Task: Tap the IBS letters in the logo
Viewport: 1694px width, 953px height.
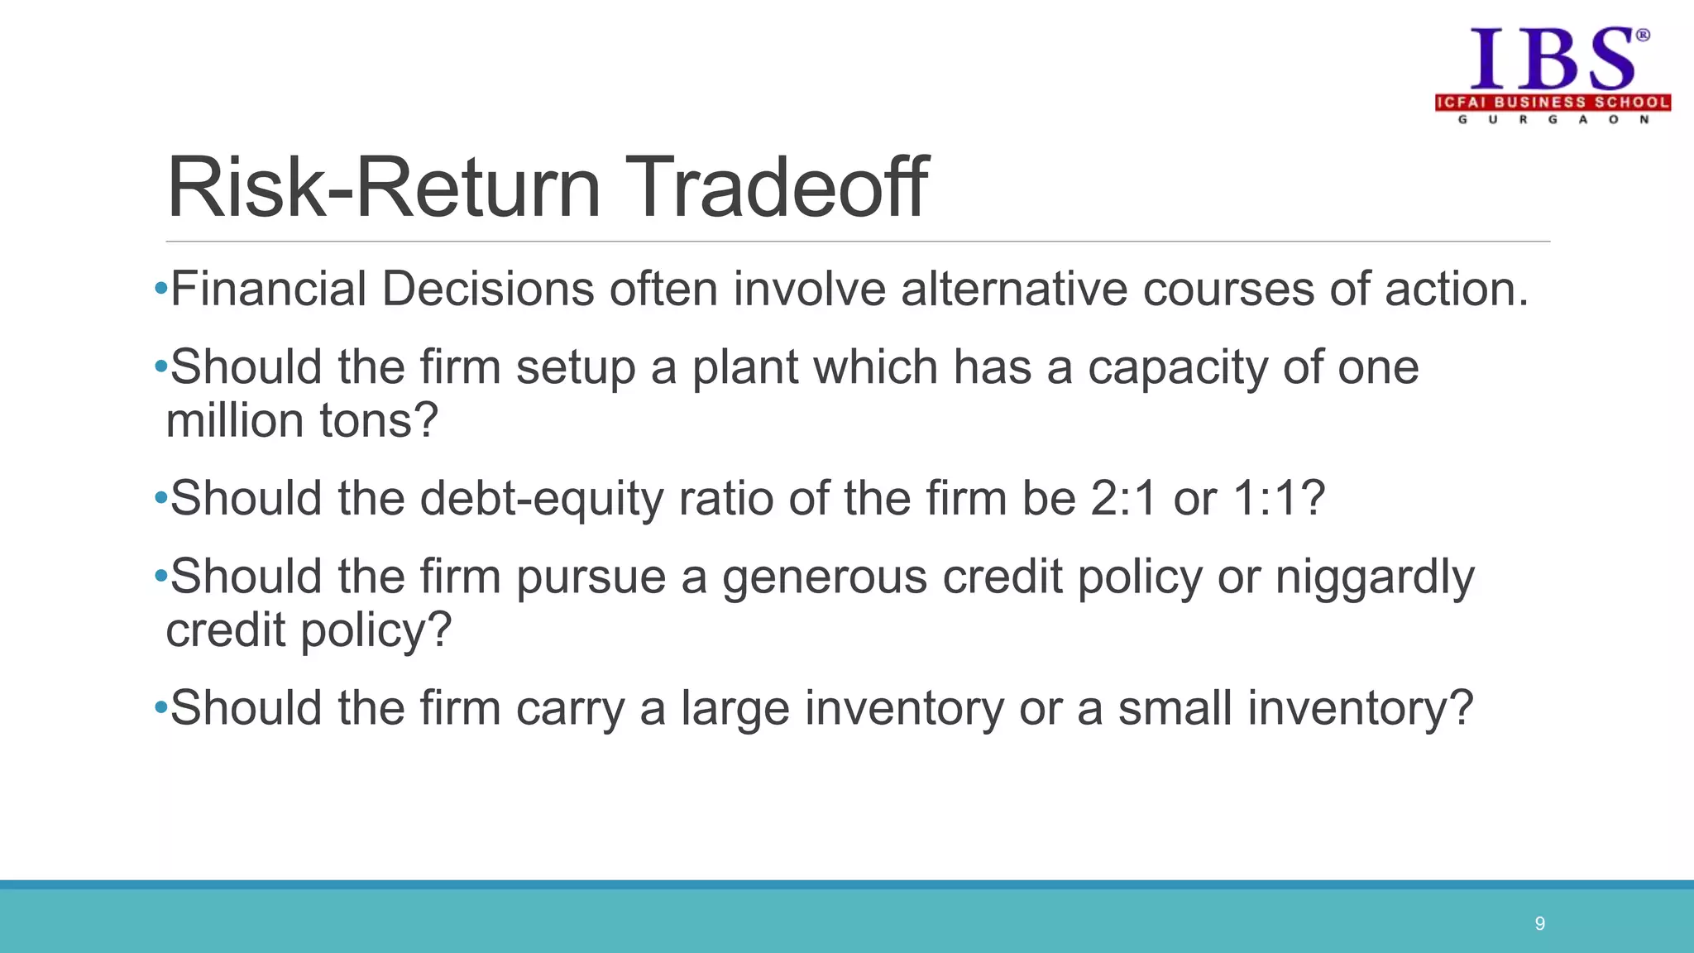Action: point(1552,60)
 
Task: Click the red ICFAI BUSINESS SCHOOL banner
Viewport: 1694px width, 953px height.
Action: point(1553,103)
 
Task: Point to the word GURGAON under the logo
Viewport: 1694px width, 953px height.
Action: point(1553,120)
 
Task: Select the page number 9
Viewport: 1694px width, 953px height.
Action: point(1539,923)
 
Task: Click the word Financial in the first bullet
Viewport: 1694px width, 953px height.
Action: point(268,290)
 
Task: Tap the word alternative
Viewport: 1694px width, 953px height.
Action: point(1014,290)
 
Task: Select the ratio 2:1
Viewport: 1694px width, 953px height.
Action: point(1124,499)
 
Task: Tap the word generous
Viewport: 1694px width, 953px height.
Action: point(825,577)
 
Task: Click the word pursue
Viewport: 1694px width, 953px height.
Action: point(591,577)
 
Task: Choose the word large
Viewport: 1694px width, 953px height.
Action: point(735,710)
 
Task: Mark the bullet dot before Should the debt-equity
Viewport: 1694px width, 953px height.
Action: point(160,499)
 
